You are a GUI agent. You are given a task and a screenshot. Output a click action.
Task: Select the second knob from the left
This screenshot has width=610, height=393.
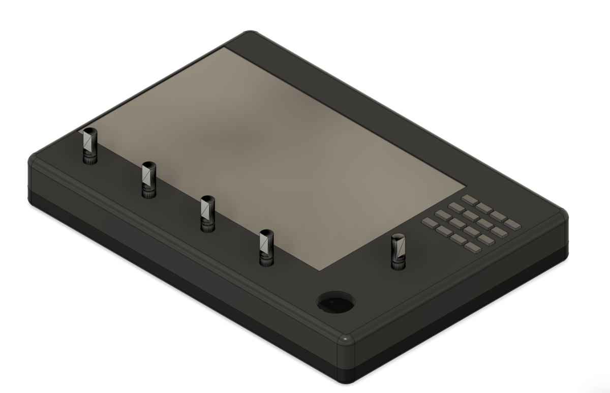click(148, 179)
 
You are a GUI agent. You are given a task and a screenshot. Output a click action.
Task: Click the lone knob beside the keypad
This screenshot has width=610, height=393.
click(398, 251)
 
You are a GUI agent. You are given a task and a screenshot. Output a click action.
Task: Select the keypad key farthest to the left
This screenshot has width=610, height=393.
click(430, 222)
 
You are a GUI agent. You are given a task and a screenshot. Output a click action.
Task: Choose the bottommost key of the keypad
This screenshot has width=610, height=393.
click(473, 248)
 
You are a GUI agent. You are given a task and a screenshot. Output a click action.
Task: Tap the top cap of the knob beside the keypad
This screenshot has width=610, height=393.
click(397, 238)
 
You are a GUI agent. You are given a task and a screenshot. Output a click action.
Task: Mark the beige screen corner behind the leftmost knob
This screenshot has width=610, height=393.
click(81, 130)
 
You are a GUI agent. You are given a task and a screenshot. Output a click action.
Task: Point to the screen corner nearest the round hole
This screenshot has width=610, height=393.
click(320, 268)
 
